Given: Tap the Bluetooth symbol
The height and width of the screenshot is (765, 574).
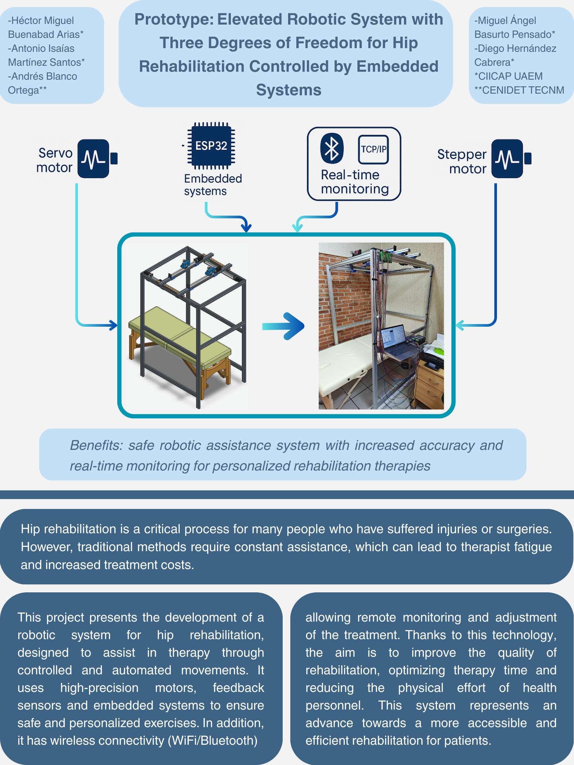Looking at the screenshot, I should click(332, 148).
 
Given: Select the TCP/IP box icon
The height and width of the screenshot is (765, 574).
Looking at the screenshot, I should click(373, 149).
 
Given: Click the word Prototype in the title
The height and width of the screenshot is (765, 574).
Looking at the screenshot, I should click(174, 19).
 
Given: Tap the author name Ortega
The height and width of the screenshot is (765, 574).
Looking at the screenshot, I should click(24, 90).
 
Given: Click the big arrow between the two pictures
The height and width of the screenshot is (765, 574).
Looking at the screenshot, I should click(284, 326).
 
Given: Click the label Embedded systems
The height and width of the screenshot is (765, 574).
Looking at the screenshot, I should click(213, 185).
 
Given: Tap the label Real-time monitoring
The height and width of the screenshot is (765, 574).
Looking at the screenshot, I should click(355, 182).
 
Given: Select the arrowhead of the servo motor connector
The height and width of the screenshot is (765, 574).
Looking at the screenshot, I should click(114, 325).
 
